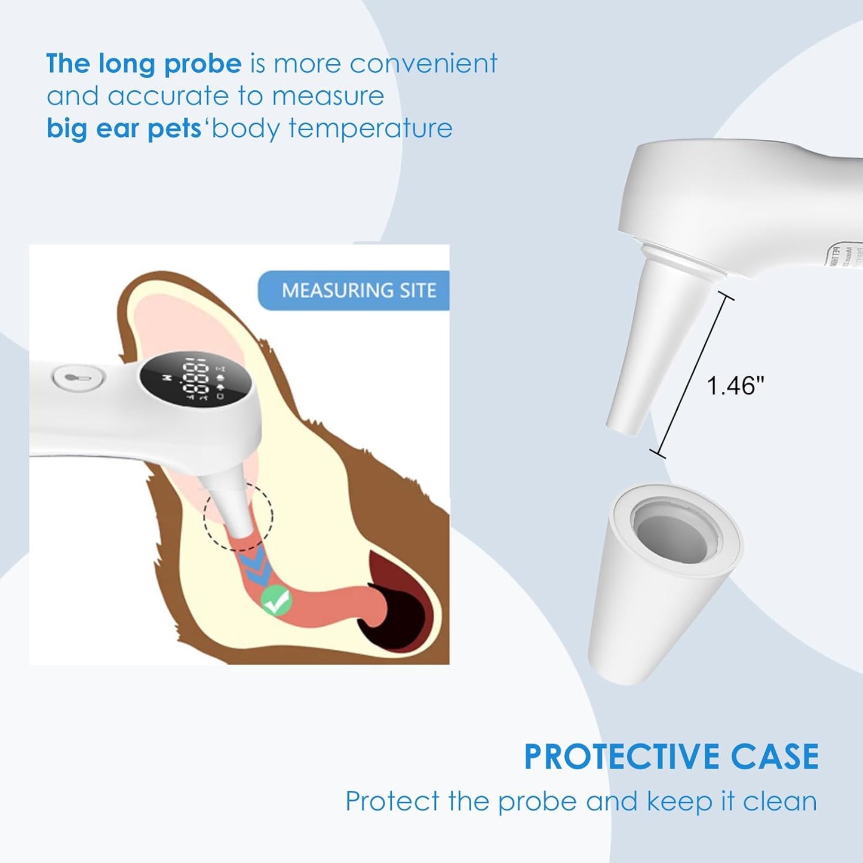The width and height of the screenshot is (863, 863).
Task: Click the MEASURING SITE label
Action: coord(358,290)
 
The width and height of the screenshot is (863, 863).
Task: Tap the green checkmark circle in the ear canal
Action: coord(277,600)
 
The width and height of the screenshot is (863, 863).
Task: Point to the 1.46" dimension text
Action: coord(735,386)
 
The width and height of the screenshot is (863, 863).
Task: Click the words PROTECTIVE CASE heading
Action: coord(671,757)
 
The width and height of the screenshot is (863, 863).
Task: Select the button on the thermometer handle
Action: coord(78,378)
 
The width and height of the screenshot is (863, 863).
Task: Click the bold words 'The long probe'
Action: coord(144,63)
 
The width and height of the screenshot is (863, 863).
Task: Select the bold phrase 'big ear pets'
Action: coord(124,128)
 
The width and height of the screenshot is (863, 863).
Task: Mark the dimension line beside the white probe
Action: coord(695,375)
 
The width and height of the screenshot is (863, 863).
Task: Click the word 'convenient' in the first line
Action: coord(423,63)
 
